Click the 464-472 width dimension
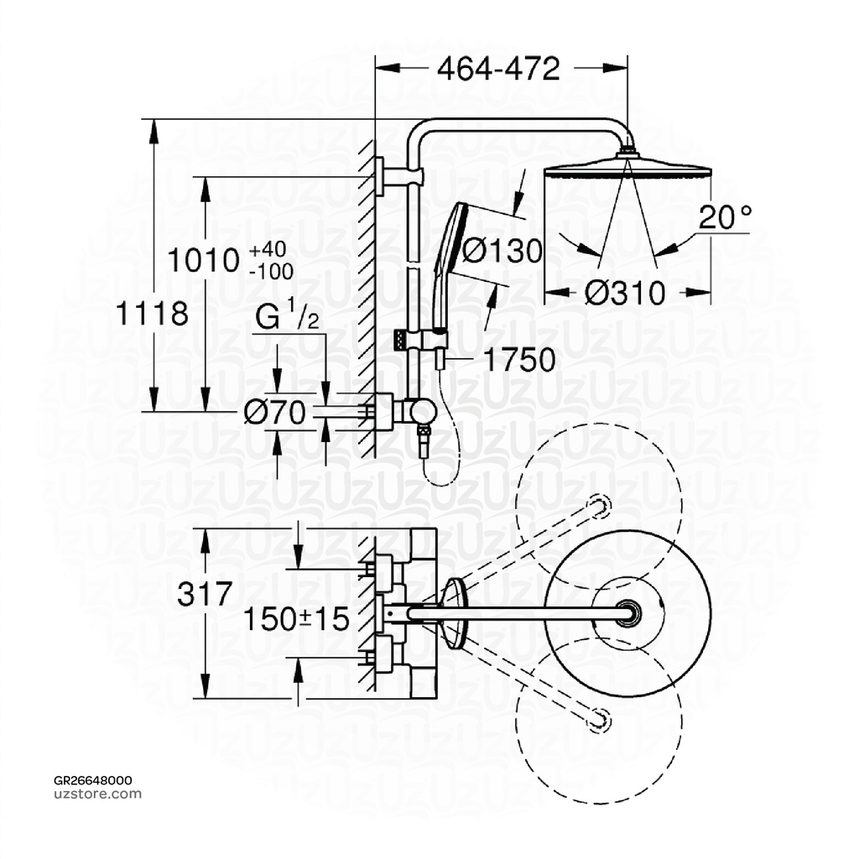point(498,70)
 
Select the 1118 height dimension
point(152,315)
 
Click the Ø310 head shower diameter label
point(625,293)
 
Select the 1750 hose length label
point(518,360)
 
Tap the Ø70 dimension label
point(274,412)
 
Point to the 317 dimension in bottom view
point(205,594)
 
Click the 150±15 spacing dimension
point(295,620)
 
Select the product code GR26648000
point(86,780)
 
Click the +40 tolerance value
point(268,250)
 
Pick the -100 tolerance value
point(270,271)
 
